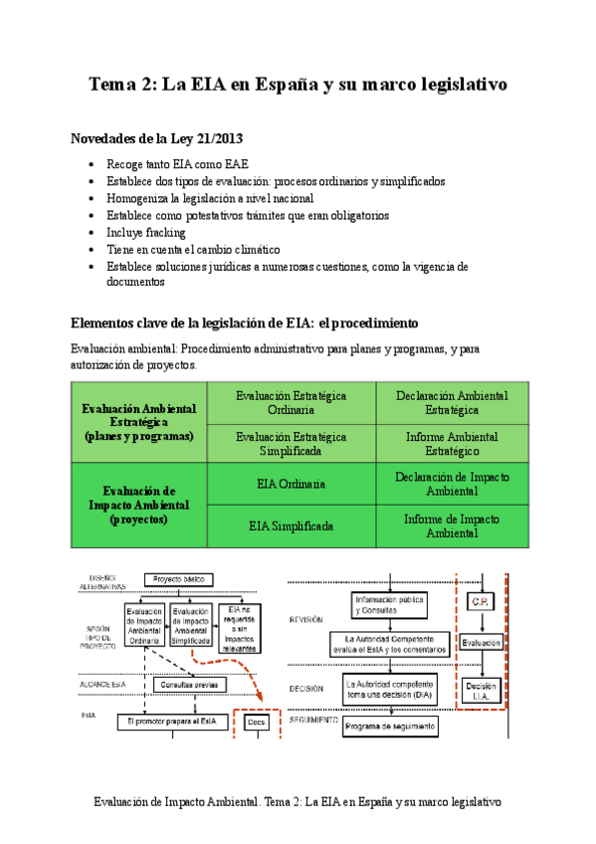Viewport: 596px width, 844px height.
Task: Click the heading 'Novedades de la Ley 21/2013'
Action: [x=157, y=139]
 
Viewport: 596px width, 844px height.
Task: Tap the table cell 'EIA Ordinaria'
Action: [x=291, y=485]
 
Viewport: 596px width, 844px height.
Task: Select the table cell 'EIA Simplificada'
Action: [x=291, y=526]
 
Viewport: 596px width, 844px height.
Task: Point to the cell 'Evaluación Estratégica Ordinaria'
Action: [x=291, y=402]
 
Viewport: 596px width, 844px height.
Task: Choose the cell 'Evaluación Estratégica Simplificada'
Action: [x=291, y=444]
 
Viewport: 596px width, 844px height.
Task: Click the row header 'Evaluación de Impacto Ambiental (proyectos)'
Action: [x=139, y=505]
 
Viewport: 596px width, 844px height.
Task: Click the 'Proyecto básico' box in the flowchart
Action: [x=179, y=579]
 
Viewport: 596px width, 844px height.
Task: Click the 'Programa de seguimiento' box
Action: [x=391, y=727]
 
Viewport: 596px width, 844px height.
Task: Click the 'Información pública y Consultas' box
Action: [x=391, y=603]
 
